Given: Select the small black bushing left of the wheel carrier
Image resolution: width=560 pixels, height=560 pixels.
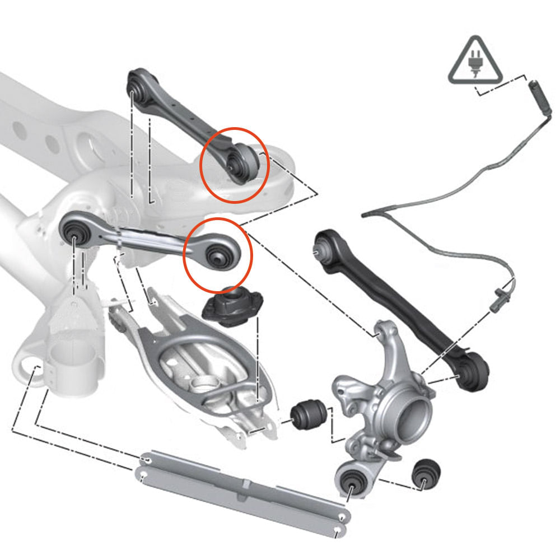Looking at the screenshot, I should pyautogui.click(x=309, y=414).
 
